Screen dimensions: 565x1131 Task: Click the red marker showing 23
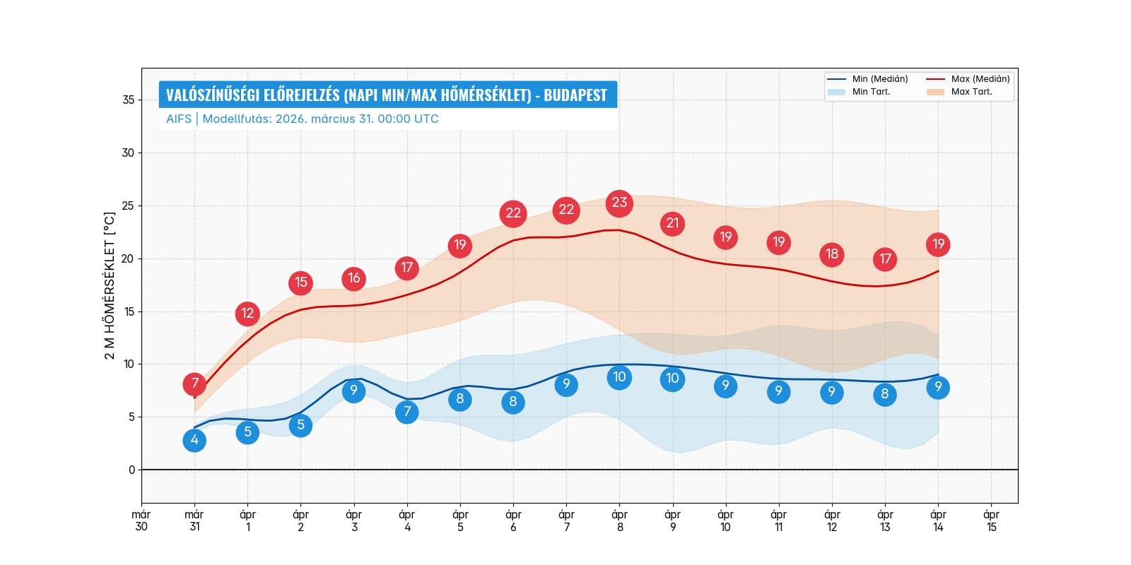click(619, 203)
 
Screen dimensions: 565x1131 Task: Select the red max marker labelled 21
click(672, 224)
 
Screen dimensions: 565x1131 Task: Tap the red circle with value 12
click(247, 314)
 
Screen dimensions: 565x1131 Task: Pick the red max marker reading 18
click(832, 254)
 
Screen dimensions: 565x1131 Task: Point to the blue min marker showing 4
click(194, 440)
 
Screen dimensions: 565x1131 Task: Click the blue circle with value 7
click(407, 412)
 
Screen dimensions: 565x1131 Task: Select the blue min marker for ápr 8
click(619, 377)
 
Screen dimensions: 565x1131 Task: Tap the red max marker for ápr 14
click(938, 244)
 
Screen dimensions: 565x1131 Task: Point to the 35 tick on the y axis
click(128, 100)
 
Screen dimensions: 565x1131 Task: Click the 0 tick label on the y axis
click(131, 470)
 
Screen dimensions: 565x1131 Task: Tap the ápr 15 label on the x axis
click(991, 521)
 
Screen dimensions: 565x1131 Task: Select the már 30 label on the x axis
click(141, 521)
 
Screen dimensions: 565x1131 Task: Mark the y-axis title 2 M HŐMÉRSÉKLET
click(110, 285)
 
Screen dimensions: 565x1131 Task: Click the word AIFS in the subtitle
click(178, 119)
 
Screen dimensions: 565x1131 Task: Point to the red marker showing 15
click(300, 282)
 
